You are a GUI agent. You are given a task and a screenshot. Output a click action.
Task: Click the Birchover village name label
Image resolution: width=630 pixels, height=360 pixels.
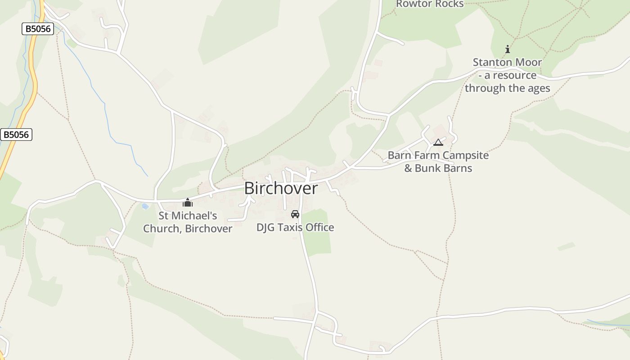(x=281, y=189)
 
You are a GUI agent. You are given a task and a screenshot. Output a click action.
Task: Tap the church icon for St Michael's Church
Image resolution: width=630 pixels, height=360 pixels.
(x=188, y=202)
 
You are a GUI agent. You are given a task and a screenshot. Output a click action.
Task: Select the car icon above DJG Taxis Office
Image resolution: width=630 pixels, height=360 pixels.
(x=295, y=214)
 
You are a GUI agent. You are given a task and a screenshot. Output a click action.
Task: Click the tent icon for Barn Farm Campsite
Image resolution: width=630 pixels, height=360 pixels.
(x=438, y=143)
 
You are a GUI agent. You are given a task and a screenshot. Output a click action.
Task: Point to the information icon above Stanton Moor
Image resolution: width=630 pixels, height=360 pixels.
(x=508, y=49)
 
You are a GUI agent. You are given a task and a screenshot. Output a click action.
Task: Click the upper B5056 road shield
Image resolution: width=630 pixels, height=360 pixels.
(x=38, y=29)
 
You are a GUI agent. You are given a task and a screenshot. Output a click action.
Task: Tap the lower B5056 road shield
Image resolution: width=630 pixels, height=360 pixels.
(x=16, y=135)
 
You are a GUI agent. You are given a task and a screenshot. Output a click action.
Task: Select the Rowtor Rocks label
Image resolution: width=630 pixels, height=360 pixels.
(x=429, y=4)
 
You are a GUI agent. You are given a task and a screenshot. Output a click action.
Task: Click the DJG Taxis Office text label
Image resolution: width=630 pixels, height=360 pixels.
(x=295, y=228)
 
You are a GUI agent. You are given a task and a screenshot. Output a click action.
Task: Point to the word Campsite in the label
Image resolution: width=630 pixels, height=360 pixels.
(x=465, y=156)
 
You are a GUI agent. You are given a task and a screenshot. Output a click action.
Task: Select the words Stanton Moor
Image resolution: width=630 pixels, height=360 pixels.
(x=507, y=63)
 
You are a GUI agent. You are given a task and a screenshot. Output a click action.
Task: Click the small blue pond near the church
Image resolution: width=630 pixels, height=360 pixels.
(x=144, y=207)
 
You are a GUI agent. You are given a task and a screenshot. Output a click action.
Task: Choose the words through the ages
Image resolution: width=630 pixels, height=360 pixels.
(x=507, y=88)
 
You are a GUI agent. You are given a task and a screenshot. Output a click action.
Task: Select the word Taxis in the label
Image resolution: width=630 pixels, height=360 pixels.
(x=290, y=228)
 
